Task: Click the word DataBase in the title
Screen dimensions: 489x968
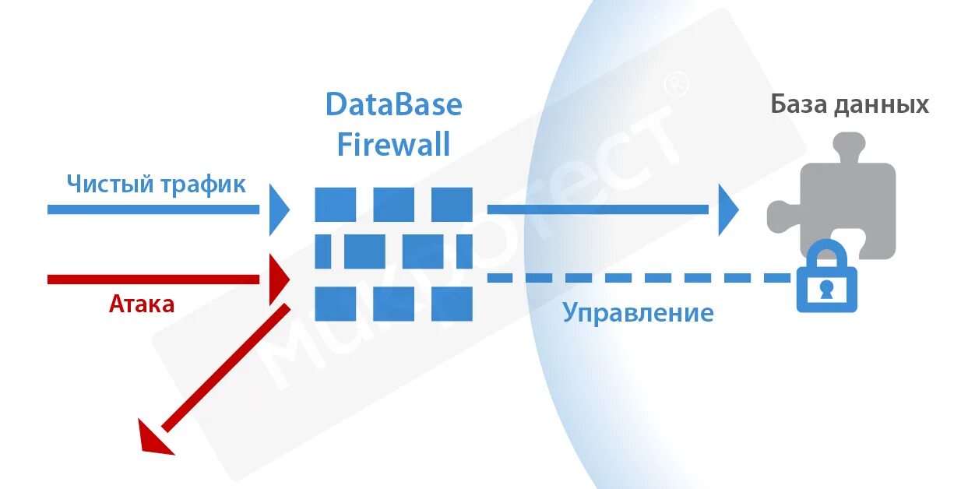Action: pyautogui.click(x=393, y=104)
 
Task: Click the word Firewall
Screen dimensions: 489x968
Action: pyautogui.click(x=393, y=145)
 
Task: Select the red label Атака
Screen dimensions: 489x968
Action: pyautogui.click(x=142, y=304)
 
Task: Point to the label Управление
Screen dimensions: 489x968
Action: pyautogui.click(x=638, y=313)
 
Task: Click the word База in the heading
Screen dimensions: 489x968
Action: pyautogui.click(x=798, y=104)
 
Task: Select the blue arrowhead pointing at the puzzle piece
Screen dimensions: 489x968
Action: pyautogui.click(x=727, y=209)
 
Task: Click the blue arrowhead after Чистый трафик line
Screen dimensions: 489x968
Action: pyautogui.click(x=278, y=209)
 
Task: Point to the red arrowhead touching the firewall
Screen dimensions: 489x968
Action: pyautogui.click(x=278, y=279)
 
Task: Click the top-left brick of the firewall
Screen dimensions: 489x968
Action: pyautogui.click(x=336, y=204)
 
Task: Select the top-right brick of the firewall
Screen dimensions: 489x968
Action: pyautogui.click(x=452, y=204)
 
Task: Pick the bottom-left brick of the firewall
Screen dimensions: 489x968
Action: pyautogui.click(x=336, y=304)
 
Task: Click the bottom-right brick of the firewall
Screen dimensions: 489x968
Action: pyautogui.click(x=452, y=304)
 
